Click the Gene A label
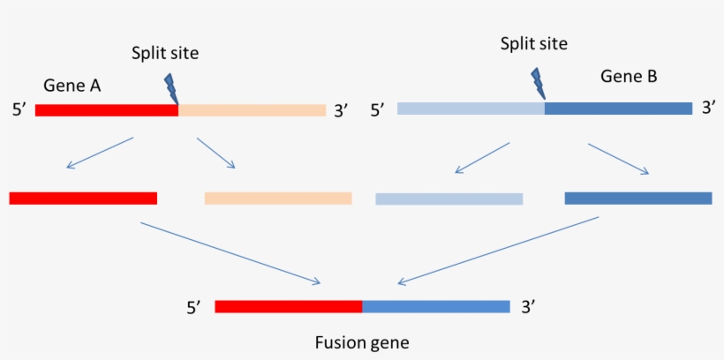[x=72, y=86]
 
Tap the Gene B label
[x=629, y=77]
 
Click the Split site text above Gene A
[x=165, y=53]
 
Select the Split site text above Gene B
[x=533, y=43]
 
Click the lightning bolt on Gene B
[x=538, y=84]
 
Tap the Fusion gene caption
[x=362, y=341]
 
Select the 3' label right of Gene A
[x=341, y=111]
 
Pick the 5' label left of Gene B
[x=377, y=111]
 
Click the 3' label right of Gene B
[x=708, y=108]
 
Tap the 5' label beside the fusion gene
[x=194, y=308]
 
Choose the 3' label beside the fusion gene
[x=528, y=307]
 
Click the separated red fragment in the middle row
[x=83, y=199]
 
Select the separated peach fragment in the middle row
[x=278, y=199]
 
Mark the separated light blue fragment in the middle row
[x=449, y=199]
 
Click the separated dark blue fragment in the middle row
[x=638, y=199]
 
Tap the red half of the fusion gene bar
[x=289, y=307]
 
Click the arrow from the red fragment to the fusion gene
[x=230, y=253]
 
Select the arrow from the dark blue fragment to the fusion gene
[x=498, y=251]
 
